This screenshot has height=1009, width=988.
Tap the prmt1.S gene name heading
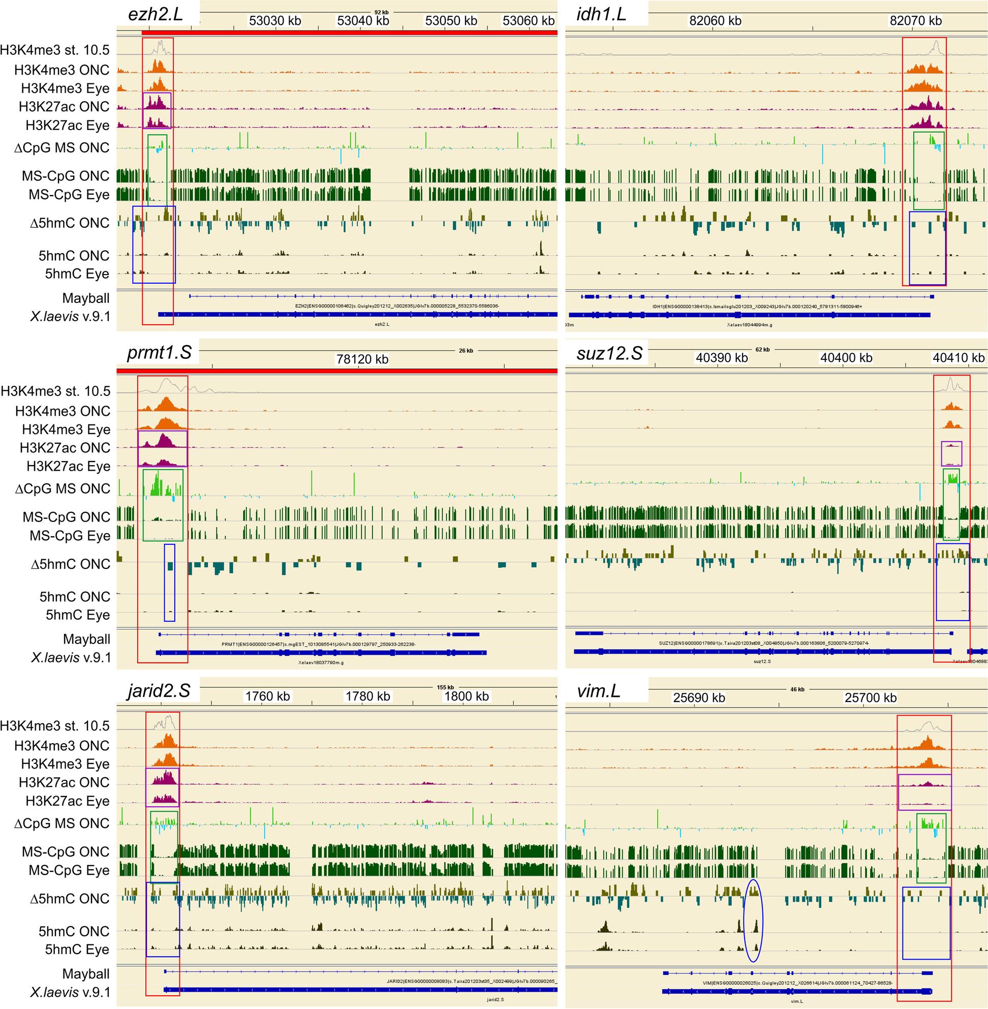(x=159, y=353)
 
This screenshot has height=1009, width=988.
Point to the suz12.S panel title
(x=609, y=353)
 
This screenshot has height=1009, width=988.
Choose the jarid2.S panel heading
(x=159, y=690)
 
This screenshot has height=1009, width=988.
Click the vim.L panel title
(x=598, y=690)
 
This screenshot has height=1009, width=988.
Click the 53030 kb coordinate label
(x=275, y=21)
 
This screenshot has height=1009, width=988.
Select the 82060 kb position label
(x=715, y=21)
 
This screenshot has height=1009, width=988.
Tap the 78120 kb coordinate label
(x=362, y=359)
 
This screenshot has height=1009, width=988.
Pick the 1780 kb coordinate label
(x=368, y=696)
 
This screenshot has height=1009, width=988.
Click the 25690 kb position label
(x=698, y=697)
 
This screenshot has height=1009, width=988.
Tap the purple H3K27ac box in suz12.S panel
(x=951, y=453)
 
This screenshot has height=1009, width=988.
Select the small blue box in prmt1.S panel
(x=170, y=583)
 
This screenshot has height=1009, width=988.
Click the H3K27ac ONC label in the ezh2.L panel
(x=65, y=106)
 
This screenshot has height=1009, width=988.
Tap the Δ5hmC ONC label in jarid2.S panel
(x=70, y=899)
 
